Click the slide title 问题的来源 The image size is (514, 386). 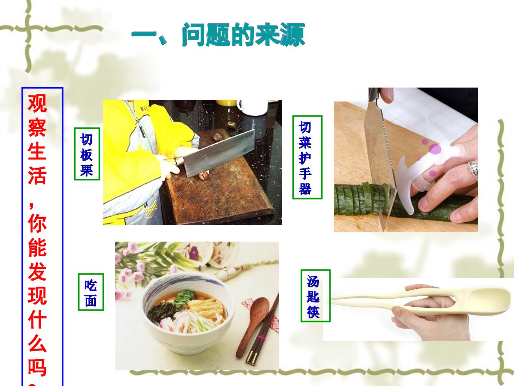(x=243, y=35)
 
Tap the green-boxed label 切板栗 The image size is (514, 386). (x=87, y=154)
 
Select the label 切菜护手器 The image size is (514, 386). (x=307, y=157)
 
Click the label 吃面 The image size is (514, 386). (x=91, y=292)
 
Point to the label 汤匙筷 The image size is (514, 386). (x=316, y=296)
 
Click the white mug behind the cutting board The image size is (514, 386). (x=252, y=107)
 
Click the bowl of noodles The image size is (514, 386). (x=188, y=312)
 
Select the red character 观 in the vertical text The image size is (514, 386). (x=37, y=104)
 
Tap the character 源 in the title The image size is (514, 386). (x=293, y=35)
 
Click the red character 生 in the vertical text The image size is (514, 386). (x=37, y=152)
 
